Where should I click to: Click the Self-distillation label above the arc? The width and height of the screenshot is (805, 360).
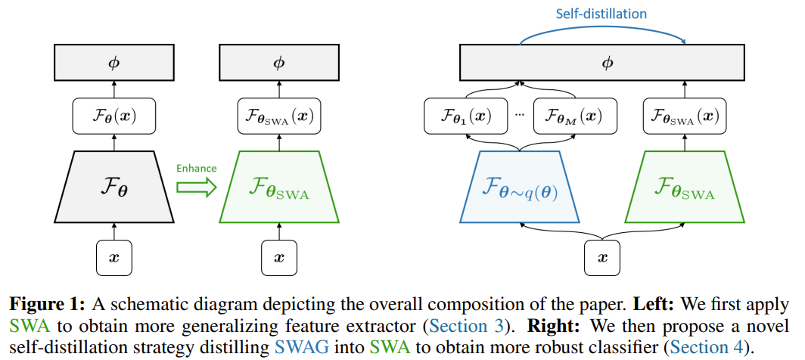tap(601, 14)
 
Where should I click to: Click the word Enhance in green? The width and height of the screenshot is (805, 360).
tap(196, 167)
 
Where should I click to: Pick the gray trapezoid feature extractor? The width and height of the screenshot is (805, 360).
tap(113, 186)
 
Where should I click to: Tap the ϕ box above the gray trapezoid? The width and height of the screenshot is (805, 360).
tap(113, 63)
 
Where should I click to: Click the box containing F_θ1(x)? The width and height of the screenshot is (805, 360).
tap(464, 117)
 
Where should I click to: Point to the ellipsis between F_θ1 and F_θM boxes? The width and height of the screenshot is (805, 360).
tap(519, 116)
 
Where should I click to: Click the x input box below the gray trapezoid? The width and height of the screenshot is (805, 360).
tap(113, 257)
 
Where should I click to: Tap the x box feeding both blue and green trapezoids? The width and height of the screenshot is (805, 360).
tap(603, 257)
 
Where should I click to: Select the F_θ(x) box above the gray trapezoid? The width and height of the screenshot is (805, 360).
tap(113, 117)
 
